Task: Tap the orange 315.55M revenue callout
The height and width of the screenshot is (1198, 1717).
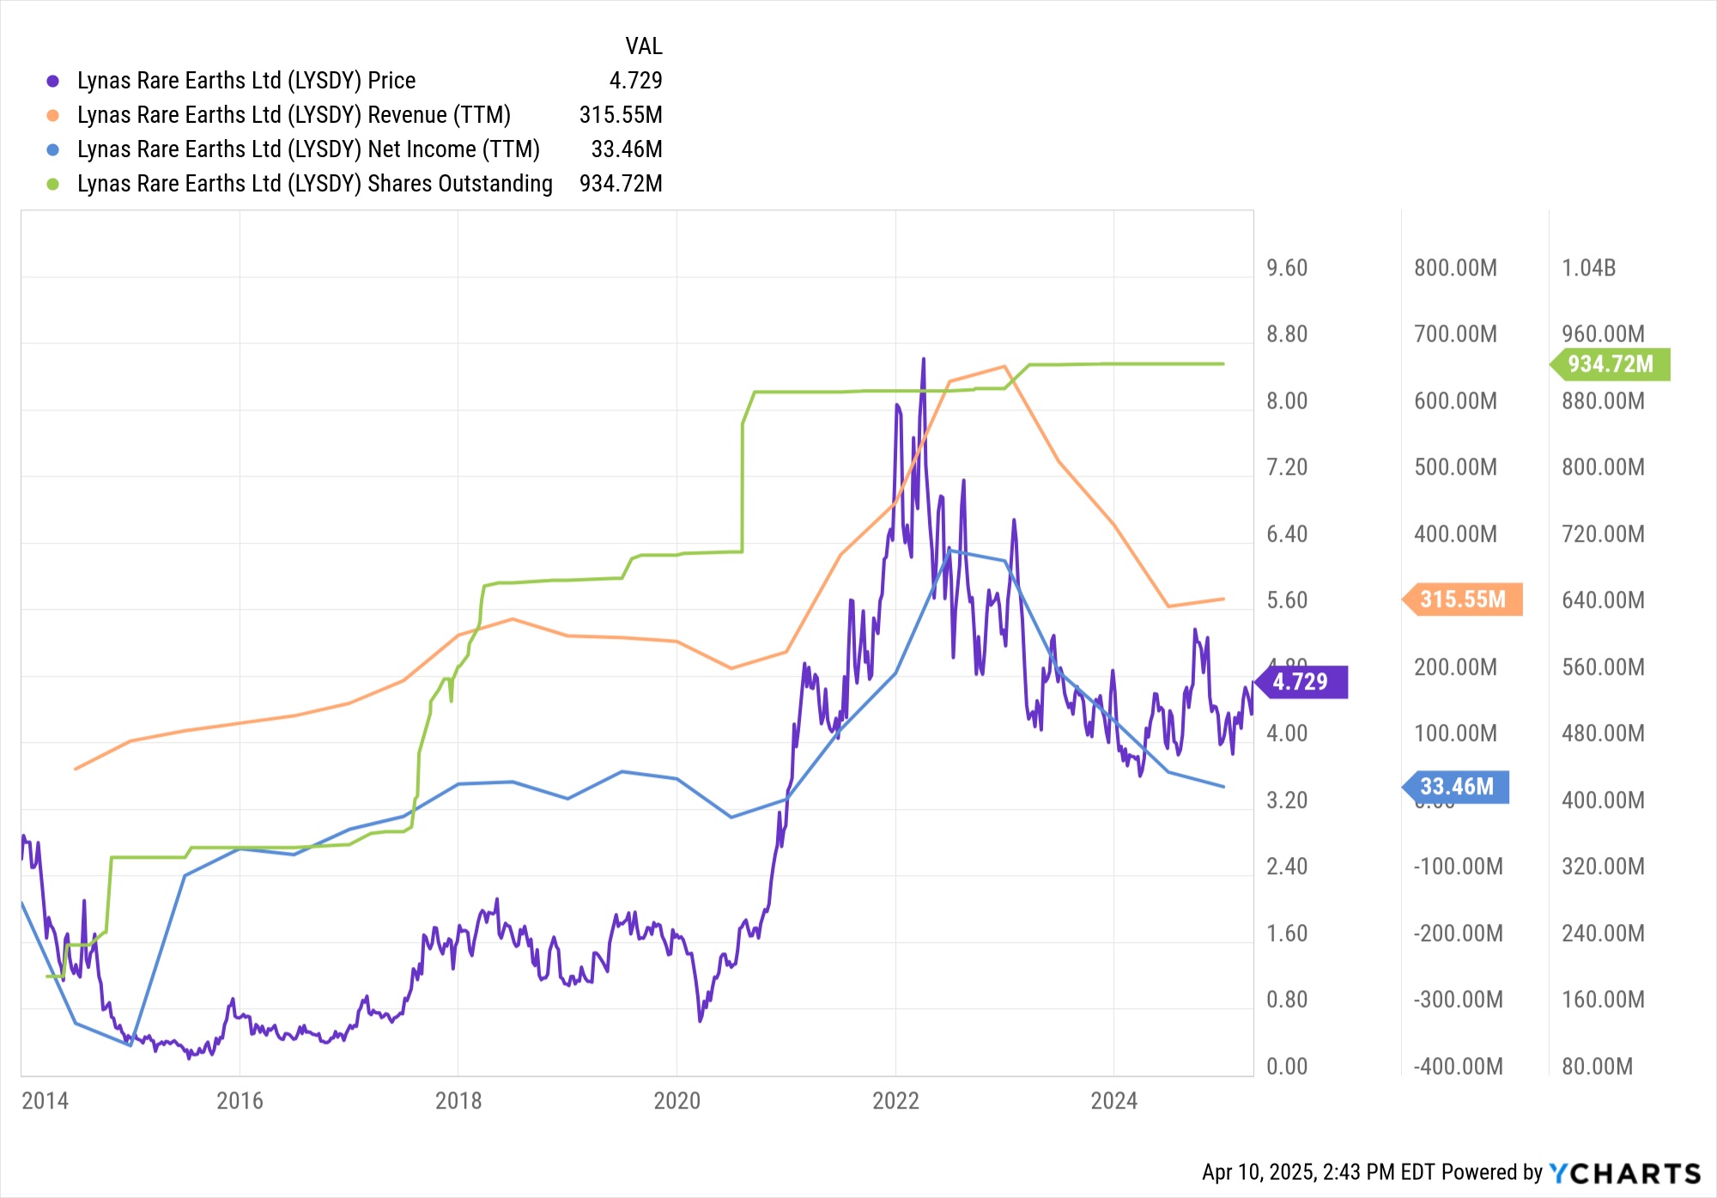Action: (x=1463, y=599)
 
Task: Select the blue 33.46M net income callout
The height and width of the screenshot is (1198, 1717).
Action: (x=1457, y=787)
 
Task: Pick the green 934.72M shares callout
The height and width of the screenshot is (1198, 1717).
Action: (x=1611, y=364)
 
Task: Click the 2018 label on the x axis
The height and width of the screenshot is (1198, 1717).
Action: (x=458, y=1101)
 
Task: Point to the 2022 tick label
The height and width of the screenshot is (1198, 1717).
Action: (x=895, y=1101)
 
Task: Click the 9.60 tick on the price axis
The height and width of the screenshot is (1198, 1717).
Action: (x=1287, y=268)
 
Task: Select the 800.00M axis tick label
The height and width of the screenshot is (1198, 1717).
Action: (x=1455, y=268)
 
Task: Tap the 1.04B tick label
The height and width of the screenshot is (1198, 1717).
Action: (x=1588, y=268)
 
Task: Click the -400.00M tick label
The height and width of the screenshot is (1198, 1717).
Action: (x=1458, y=1067)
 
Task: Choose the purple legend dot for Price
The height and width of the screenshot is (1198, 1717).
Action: (x=53, y=81)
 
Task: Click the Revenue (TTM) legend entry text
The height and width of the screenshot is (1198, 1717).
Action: (x=294, y=115)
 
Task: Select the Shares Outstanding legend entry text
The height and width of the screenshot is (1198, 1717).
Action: (x=314, y=184)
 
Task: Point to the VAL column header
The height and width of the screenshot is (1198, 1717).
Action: (x=643, y=46)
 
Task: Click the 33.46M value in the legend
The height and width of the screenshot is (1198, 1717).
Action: (x=626, y=149)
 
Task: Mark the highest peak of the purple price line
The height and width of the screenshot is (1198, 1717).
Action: (x=924, y=359)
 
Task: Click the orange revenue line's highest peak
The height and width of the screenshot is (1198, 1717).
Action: (x=1004, y=367)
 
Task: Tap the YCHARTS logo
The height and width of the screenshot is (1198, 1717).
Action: (x=1624, y=1173)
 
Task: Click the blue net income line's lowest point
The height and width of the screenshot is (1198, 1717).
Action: (x=130, y=1045)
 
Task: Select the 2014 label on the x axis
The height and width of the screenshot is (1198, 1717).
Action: (x=45, y=1101)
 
